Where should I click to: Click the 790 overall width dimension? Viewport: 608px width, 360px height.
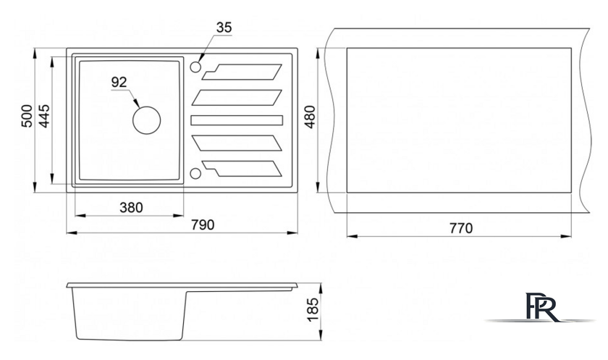point(203,225)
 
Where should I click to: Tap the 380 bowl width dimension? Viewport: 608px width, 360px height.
point(131,208)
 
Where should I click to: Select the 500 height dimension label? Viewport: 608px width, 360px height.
point(27,116)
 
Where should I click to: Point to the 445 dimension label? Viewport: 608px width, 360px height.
point(44,116)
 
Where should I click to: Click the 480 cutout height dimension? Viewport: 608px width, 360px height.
point(311,117)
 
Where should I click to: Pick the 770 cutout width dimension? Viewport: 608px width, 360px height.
point(462,228)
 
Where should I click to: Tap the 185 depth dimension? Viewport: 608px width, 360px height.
point(312,309)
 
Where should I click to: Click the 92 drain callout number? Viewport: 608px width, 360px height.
point(119,82)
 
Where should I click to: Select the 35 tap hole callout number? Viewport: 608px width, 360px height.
point(224,28)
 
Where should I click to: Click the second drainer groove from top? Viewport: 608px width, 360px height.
point(237,97)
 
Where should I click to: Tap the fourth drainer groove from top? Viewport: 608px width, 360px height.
point(237,143)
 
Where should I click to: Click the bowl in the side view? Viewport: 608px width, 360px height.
point(129,314)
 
